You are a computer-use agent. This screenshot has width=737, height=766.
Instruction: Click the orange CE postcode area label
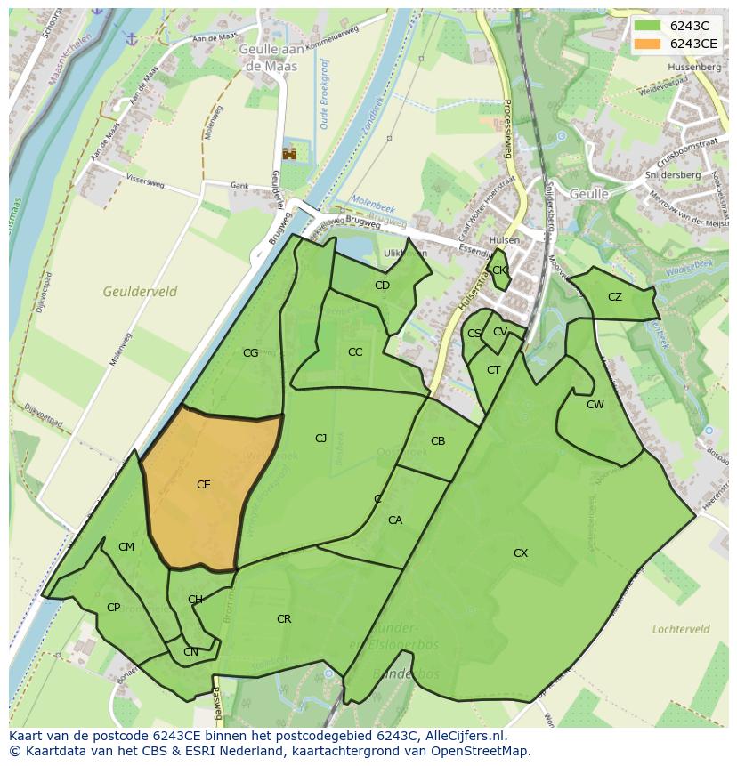204,485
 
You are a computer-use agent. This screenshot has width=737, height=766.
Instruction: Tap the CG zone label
250,353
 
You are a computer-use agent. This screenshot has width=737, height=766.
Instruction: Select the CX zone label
521,553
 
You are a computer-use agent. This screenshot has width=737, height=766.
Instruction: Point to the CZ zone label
615,297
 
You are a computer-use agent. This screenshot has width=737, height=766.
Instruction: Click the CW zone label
595,405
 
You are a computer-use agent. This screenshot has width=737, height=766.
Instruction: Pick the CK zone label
499,270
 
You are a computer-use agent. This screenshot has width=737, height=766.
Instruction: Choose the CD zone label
382,286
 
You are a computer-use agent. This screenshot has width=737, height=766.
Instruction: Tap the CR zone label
284,619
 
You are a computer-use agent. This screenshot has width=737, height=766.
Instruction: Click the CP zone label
113,608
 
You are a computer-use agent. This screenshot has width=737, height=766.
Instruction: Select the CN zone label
190,652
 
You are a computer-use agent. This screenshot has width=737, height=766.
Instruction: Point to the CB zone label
438,441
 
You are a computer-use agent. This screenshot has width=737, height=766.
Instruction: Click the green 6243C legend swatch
648,26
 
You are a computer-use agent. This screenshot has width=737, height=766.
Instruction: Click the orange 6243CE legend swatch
648,44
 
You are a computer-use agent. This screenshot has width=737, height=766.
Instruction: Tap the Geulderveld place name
140,292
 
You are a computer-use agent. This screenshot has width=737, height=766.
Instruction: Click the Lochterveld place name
681,629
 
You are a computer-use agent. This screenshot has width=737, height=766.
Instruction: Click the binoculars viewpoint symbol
289,154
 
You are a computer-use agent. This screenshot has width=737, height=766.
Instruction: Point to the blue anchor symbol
131,39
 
